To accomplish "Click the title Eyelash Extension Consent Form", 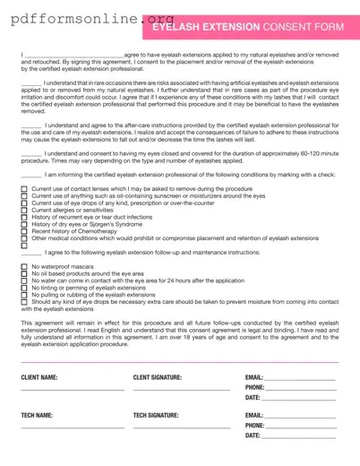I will (248, 28).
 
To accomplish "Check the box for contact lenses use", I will (24, 190).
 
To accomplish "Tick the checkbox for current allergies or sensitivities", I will (24, 211).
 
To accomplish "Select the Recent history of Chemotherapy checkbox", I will (24, 231).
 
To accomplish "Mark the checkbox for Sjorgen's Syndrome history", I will (24, 224).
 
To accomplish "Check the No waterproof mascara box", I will (24, 267).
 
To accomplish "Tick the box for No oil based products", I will (24, 273).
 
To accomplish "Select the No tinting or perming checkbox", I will (24, 288).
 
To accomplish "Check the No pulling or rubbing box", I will (24, 294).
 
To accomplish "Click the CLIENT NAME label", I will (39, 377).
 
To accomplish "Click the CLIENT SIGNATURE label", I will (158, 377).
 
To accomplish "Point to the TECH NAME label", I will (37, 416).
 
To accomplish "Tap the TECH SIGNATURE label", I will (156, 416).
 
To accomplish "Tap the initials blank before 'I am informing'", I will (30, 177).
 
